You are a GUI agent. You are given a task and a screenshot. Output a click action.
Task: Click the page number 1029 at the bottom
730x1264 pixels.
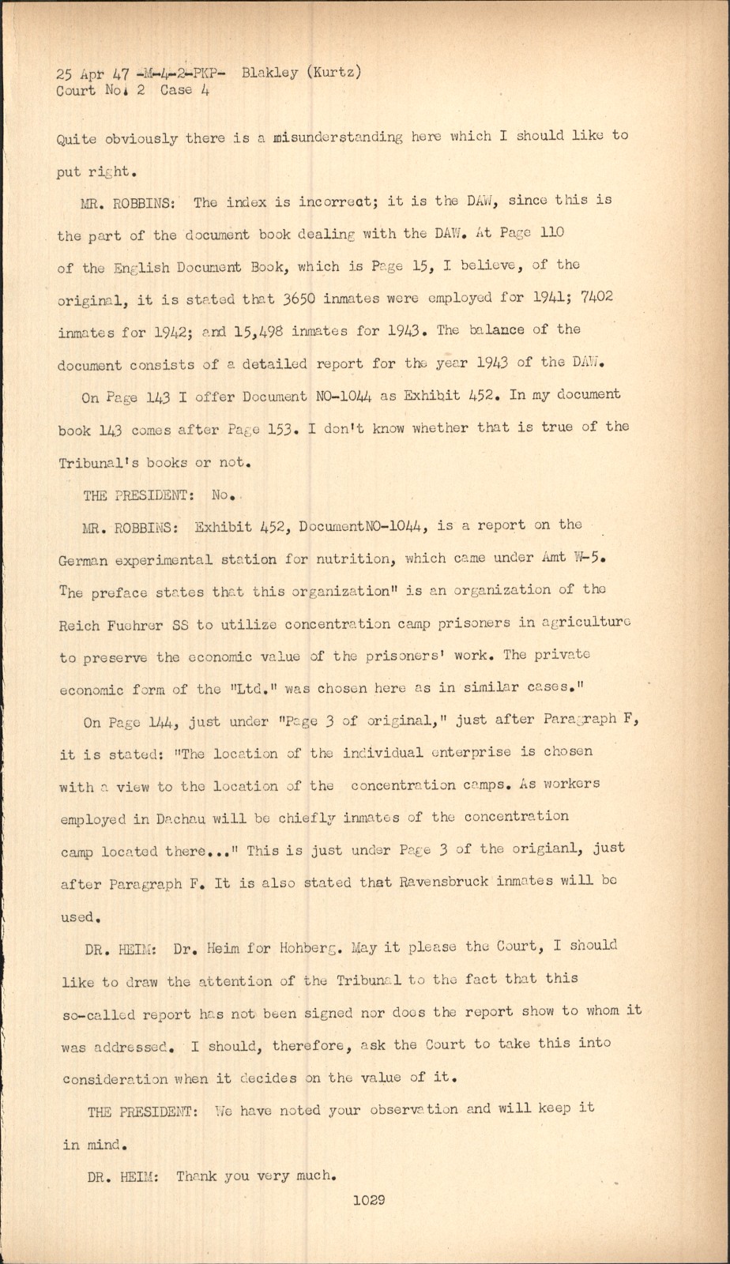(369, 1201)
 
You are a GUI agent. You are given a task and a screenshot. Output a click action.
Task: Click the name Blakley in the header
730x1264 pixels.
(270, 73)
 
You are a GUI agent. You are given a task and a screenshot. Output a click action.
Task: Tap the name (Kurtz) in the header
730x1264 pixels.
(334, 73)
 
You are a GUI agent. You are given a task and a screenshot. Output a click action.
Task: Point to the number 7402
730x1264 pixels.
(597, 296)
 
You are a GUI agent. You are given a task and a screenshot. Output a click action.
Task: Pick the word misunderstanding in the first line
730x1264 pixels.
(337, 137)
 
